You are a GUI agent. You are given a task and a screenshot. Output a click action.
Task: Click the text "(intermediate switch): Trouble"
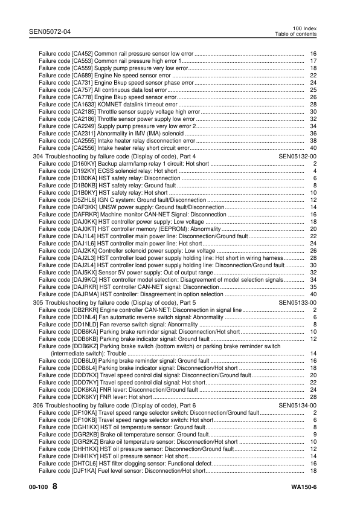point(88,354)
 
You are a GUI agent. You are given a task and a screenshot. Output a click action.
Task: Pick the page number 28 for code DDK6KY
point(313,397)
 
